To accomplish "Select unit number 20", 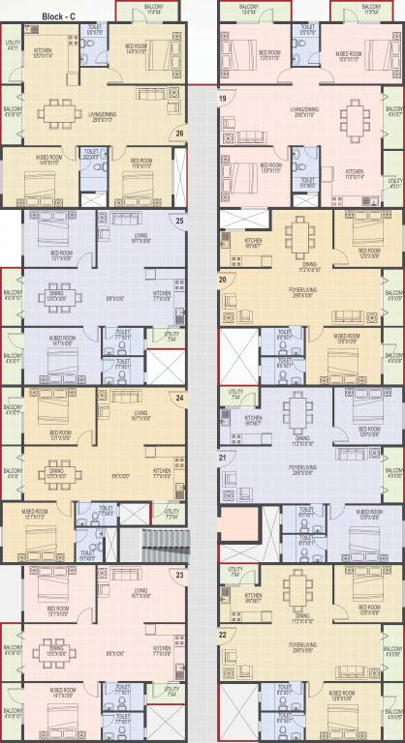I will (223, 280).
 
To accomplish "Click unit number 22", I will (223, 635).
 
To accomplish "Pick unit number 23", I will (179, 576).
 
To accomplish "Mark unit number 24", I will (179, 398).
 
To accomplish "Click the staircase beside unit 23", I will (154, 542).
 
